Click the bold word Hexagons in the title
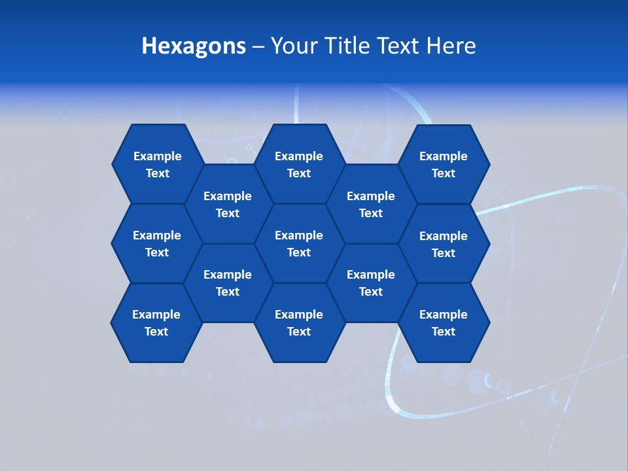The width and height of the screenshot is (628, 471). (x=194, y=46)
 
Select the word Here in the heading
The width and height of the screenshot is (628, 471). (x=451, y=46)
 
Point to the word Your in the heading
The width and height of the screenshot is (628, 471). (x=294, y=46)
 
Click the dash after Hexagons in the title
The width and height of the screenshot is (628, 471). (x=258, y=46)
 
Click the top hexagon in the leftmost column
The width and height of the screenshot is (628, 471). (x=157, y=164)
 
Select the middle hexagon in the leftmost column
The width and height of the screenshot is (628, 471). (x=157, y=243)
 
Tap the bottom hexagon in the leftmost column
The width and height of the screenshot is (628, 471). (x=157, y=323)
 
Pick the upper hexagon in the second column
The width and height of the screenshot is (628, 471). (x=228, y=204)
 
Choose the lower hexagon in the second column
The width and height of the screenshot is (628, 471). (x=228, y=283)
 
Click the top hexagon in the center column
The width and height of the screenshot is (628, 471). (x=299, y=164)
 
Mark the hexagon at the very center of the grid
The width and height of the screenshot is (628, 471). (x=299, y=243)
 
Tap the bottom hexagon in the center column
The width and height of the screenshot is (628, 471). (x=299, y=323)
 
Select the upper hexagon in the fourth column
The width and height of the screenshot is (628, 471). (x=371, y=204)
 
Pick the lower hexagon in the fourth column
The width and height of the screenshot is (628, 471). (x=371, y=283)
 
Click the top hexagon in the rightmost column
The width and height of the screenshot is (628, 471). (x=444, y=164)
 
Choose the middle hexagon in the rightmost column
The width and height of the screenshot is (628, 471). (x=444, y=244)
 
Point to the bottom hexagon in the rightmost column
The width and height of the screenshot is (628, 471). (x=444, y=323)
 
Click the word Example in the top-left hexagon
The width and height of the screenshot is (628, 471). (x=158, y=156)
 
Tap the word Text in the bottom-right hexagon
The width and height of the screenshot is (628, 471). (x=444, y=332)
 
